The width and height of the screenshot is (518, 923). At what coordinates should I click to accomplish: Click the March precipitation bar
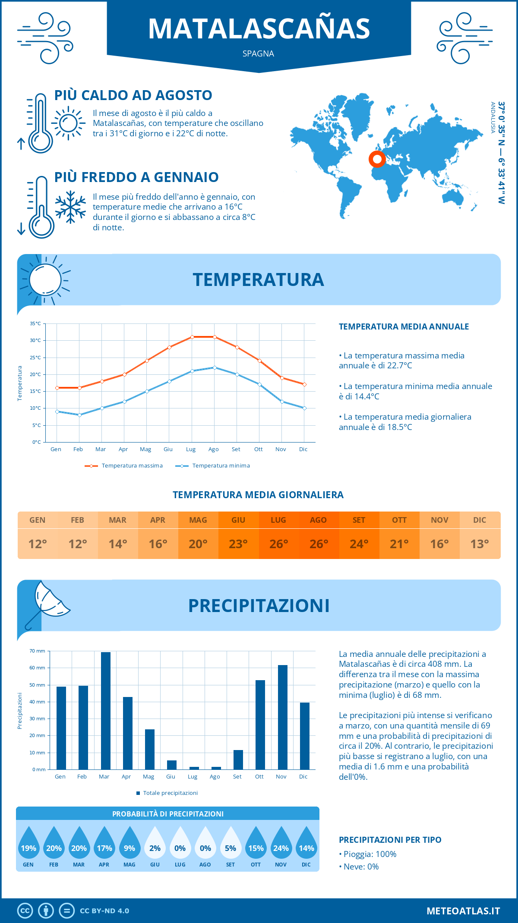point(105,711)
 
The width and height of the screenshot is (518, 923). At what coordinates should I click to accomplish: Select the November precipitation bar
point(282,717)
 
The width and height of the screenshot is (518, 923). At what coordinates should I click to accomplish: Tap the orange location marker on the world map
point(377,159)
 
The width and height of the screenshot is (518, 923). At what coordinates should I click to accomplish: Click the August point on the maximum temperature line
point(215,337)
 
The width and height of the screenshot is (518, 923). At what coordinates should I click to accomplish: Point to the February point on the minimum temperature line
point(79,415)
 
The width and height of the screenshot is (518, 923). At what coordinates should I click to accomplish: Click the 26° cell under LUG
point(278,544)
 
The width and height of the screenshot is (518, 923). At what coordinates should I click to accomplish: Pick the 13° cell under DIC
point(480,544)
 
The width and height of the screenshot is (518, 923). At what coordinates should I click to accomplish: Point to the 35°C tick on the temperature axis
point(35,323)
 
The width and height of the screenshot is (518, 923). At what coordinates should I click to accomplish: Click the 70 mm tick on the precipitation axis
point(38,651)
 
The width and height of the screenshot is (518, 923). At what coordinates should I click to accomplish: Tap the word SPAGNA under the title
point(258,53)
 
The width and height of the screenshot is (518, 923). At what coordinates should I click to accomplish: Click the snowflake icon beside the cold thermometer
point(70,207)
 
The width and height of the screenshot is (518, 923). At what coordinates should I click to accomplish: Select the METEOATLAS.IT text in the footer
point(463,911)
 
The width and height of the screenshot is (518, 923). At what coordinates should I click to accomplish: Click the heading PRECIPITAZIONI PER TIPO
point(390,840)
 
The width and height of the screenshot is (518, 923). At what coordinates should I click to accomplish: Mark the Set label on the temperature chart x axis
point(236,449)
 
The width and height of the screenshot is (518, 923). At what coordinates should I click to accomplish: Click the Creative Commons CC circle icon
point(25,911)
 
